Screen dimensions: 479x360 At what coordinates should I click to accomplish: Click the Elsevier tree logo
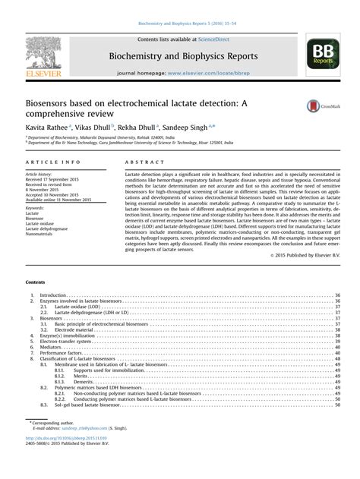tap(35, 52)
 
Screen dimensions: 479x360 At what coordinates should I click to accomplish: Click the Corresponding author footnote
tap(50, 443)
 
